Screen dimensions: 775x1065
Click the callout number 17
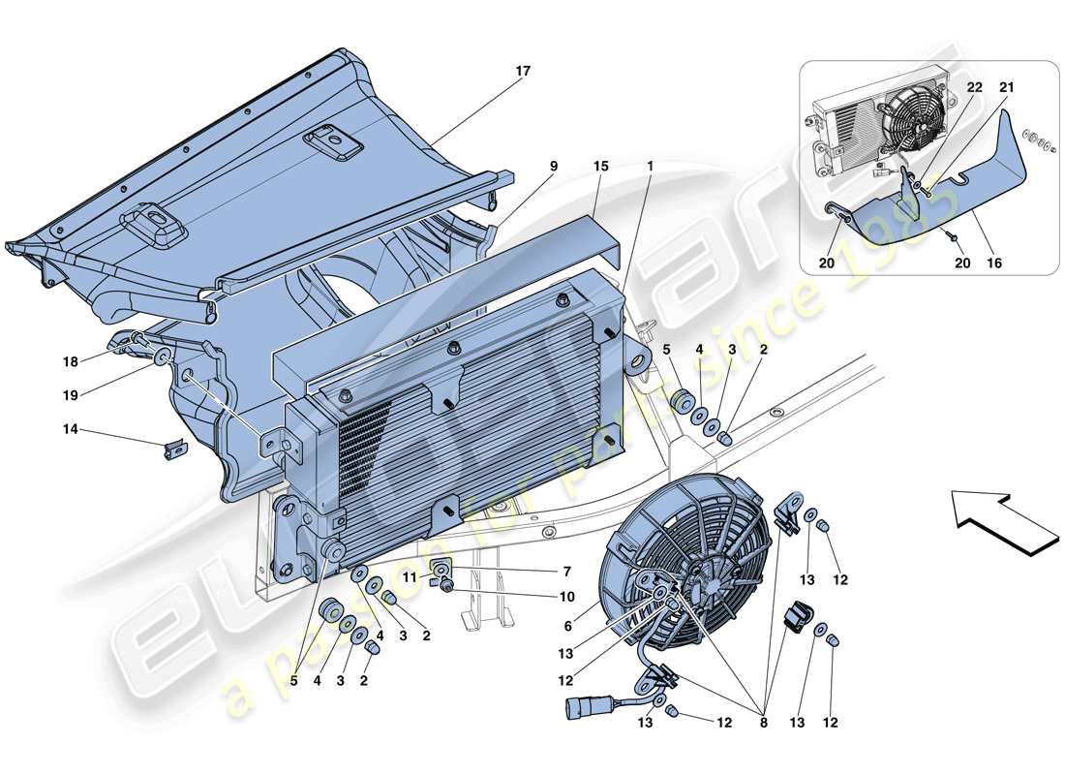pos(523,72)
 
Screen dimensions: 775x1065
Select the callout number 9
pos(555,167)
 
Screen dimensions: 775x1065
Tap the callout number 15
pos(600,167)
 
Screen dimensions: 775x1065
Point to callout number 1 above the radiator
pos(651,167)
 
